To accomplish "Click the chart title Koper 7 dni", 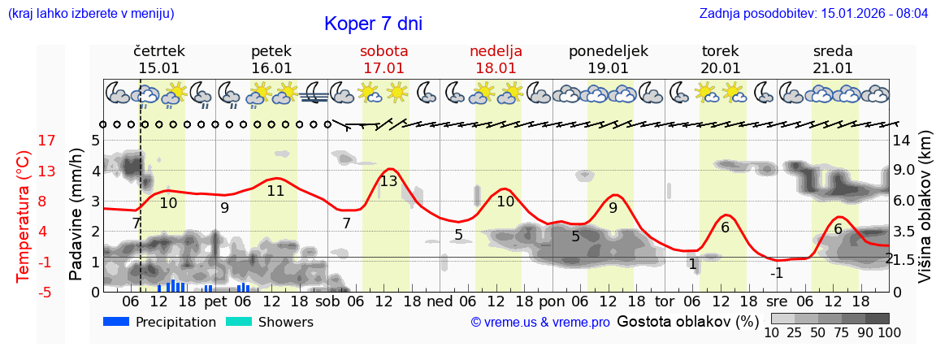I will (373, 24).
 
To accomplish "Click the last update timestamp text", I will (813, 14).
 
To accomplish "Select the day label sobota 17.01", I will (383, 59).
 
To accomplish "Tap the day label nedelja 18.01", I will (496, 59).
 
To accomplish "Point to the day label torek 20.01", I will (721, 59).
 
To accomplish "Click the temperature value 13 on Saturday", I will (388, 181).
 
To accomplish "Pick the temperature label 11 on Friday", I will (275, 191).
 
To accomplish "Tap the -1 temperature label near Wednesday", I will (777, 273).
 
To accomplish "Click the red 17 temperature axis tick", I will (24, 141).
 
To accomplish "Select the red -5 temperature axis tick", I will (24, 292).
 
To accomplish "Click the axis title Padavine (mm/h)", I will (76, 215).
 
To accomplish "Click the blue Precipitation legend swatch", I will (116, 322).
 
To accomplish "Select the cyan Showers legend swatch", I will (238, 322).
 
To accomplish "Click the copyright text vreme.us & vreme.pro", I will (540, 323).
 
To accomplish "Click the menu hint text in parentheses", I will (91, 14).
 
